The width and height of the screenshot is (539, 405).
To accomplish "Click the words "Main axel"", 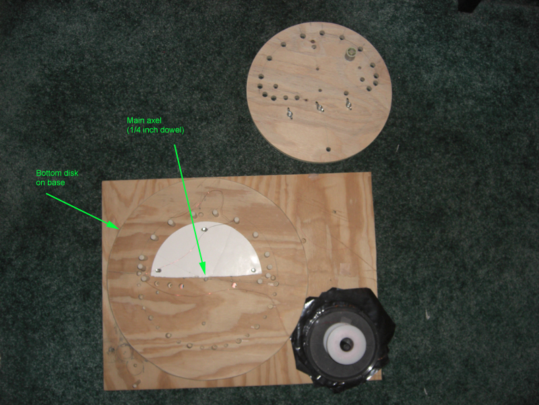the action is coord(144,121).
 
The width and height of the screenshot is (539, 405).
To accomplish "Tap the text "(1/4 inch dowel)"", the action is coord(156,130).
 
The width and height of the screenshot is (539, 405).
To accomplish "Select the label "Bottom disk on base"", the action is coord(57,178).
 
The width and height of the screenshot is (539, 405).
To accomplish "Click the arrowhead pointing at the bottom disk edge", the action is coord(113,225).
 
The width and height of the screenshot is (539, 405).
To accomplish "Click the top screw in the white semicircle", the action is coord(205,230).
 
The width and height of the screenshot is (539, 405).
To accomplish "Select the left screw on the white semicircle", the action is coord(158,271).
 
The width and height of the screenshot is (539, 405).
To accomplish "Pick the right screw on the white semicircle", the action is coord(253,269).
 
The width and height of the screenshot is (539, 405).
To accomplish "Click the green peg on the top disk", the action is coord(350,54).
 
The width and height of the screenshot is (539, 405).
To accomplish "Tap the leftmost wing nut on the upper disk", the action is coord(289,113).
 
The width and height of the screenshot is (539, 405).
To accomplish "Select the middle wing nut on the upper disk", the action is coord(319,107).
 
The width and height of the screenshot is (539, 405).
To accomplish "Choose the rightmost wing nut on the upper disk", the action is coord(349,103).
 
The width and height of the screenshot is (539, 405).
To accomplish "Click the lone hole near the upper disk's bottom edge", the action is coord(328,149).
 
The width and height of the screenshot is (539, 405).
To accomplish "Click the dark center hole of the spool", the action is coord(346,344).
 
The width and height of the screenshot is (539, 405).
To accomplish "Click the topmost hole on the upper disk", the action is coord(322,33).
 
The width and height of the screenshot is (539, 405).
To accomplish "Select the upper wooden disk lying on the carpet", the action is coord(319,92).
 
